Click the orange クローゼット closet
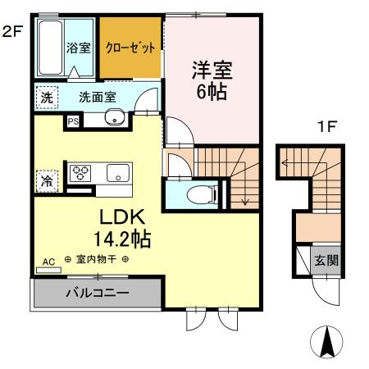(x=130, y=48)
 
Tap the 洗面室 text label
(x=97, y=96)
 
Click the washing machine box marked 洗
(x=45, y=96)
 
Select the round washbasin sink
(x=113, y=121)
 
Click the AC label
(x=48, y=262)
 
